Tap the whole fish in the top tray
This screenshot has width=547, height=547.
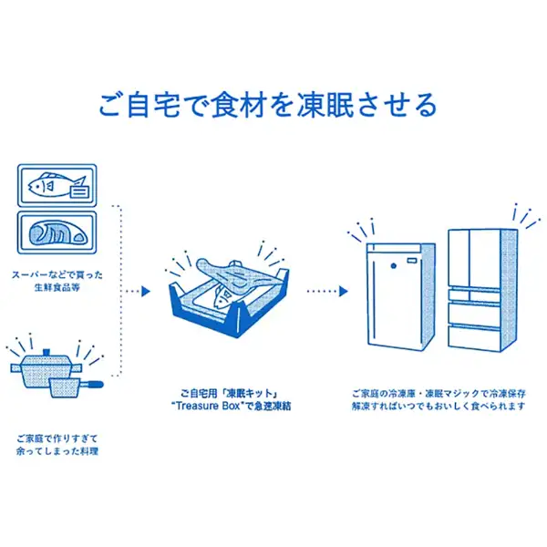[x=49, y=186]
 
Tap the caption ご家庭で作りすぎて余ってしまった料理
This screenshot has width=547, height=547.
[x=57, y=443]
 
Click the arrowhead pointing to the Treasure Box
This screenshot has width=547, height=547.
[x=145, y=293]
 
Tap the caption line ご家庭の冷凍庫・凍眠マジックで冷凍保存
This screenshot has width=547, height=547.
[x=438, y=393]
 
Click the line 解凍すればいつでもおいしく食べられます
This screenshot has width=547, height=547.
[x=438, y=408]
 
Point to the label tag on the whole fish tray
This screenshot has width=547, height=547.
[x=78, y=191]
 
